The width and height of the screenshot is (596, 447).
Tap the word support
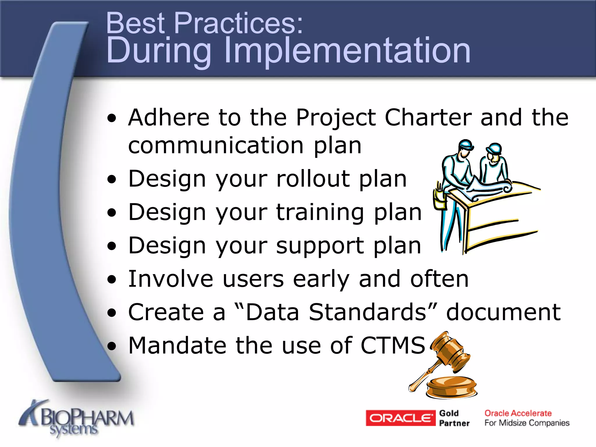(320, 246)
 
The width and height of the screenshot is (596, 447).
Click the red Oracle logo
(400, 418)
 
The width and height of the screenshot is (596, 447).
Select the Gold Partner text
(454, 418)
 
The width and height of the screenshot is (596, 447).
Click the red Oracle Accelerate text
(518, 413)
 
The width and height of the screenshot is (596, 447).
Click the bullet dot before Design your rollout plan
(111, 179)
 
